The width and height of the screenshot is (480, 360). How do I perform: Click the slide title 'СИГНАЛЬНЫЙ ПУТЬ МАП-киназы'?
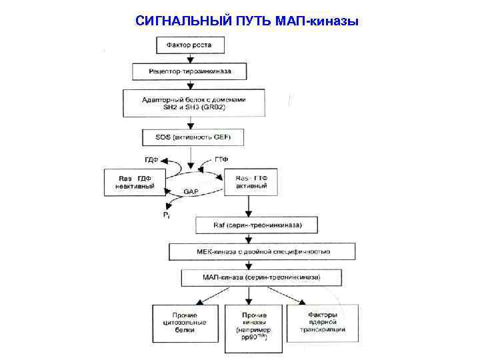pyautogui.click(x=247, y=21)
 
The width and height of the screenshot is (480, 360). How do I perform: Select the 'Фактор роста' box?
pyautogui.click(x=191, y=45)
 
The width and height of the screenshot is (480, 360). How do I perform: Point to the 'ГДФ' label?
pyautogui.click(x=152, y=160)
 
